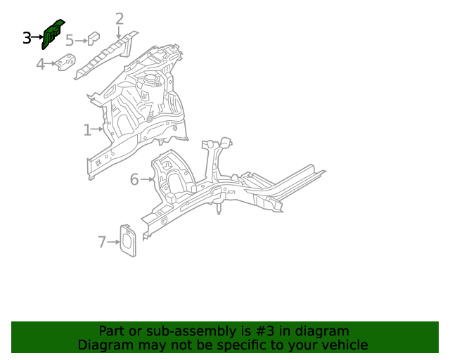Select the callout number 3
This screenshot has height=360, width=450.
tap(27, 38)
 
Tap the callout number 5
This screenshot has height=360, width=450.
tap(70, 41)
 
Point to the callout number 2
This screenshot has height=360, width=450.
tap(120, 19)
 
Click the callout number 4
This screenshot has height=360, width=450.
tap(41, 65)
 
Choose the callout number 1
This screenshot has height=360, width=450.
tap(87, 130)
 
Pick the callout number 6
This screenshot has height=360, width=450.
tap(134, 180)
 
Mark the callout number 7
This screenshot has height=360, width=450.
tap(102, 243)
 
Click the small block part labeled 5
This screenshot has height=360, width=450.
tap(93, 39)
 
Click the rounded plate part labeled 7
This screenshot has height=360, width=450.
tap(127, 239)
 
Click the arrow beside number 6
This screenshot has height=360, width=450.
tap(146, 180)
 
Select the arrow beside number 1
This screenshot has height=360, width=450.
tap(98, 129)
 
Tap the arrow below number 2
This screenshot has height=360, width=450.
tap(120, 32)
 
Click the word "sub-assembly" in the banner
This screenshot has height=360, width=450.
tap(164, 331)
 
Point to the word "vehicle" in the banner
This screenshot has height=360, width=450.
tap(344, 345)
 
